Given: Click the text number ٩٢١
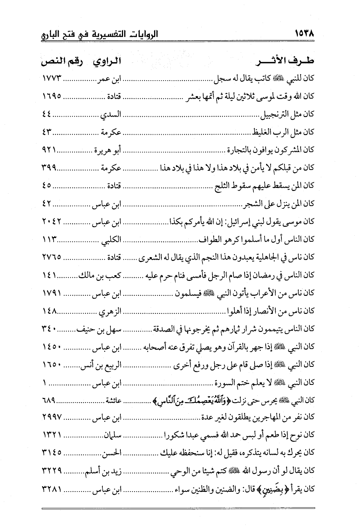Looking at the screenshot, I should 49,149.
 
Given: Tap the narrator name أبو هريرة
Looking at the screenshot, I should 108,149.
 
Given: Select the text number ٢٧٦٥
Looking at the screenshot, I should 53,257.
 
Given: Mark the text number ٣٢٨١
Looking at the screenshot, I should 53,488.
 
